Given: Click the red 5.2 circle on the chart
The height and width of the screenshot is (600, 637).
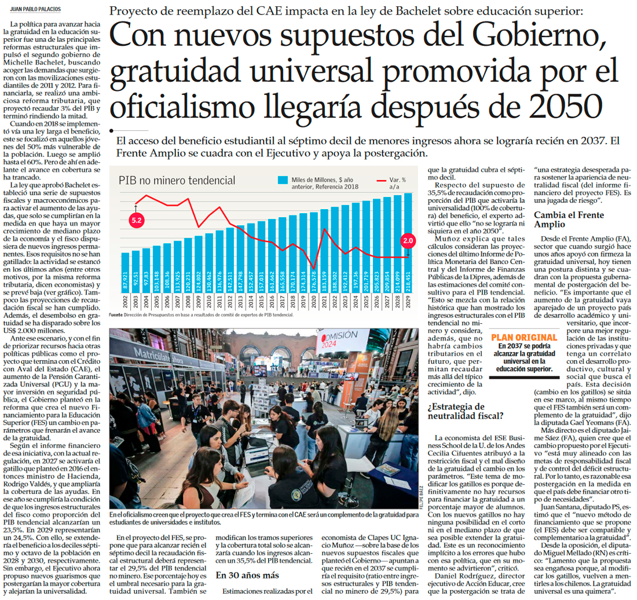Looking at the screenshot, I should (137, 221).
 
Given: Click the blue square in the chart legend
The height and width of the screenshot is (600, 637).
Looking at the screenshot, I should (282, 180).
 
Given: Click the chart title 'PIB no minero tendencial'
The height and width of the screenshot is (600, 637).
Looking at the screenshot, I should (177, 180).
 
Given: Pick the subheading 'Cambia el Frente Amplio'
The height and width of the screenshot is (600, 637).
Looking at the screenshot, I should (561, 219).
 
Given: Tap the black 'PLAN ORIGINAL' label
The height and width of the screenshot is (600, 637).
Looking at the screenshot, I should (524, 337).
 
